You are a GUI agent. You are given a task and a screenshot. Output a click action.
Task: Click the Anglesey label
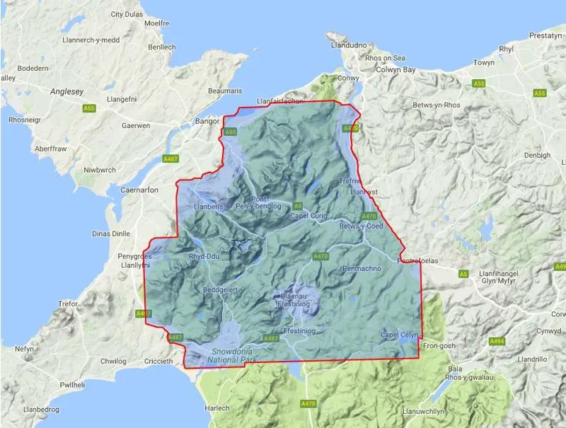click(67, 91)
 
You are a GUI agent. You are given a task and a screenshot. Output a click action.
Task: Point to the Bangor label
click(207, 121)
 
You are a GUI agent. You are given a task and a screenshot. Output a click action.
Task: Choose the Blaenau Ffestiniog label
click(296, 300)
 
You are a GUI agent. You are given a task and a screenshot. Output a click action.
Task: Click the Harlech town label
click(217, 408)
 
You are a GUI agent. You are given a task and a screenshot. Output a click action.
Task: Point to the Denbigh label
click(537, 155)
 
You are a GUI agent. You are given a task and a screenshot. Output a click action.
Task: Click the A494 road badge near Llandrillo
click(497, 341)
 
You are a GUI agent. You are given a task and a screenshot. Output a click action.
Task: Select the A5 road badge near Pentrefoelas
click(463, 273)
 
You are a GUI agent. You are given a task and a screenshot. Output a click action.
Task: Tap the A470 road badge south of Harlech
click(308, 403)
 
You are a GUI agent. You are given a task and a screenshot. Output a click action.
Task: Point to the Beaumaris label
click(225, 91)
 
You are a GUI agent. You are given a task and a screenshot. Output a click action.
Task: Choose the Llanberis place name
click(209, 207)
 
